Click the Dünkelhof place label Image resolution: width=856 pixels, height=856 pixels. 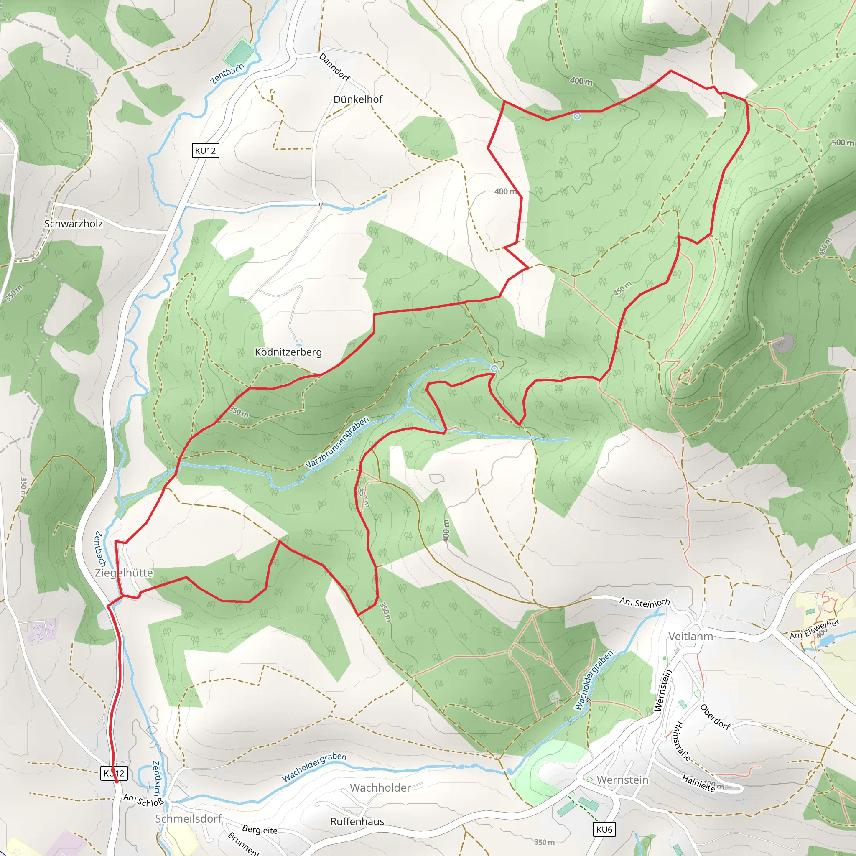pyautogui.click(x=357, y=99)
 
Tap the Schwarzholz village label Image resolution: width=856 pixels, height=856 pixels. pyautogui.click(x=74, y=224)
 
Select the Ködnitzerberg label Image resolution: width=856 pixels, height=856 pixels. pyautogui.click(x=288, y=352)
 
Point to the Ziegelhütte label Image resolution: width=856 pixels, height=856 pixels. pyautogui.click(x=124, y=573)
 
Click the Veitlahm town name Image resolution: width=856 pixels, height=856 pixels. pyautogui.click(x=690, y=637)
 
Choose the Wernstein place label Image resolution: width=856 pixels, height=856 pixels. pyautogui.click(x=622, y=780)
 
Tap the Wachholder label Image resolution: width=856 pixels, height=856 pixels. pyautogui.click(x=380, y=788)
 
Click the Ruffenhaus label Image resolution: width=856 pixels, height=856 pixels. pyautogui.click(x=357, y=821)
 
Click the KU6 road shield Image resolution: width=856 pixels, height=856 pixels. pyautogui.click(x=604, y=829)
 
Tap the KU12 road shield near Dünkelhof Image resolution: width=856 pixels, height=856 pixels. pyautogui.click(x=206, y=150)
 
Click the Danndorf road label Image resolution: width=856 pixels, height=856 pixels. pyautogui.click(x=334, y=67)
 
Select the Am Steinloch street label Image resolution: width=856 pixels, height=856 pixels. pyautogui.click(x=644, y=602)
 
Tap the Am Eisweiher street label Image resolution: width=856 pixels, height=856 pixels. pyautogui.click(x=814, y=629)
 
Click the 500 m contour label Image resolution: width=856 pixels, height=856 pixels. pyautogui.click(x=842, y=143)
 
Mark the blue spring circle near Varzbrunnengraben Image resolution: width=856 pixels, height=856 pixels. pyautogui.click(x=494, y=369)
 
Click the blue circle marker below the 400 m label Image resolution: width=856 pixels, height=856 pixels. pyautogui.click(x=577, y=116)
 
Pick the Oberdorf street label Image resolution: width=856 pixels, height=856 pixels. pyautogui.click(x=715, y=716)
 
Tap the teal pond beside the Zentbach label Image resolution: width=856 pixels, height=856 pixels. pyautogui.click(x=239, y=53)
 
